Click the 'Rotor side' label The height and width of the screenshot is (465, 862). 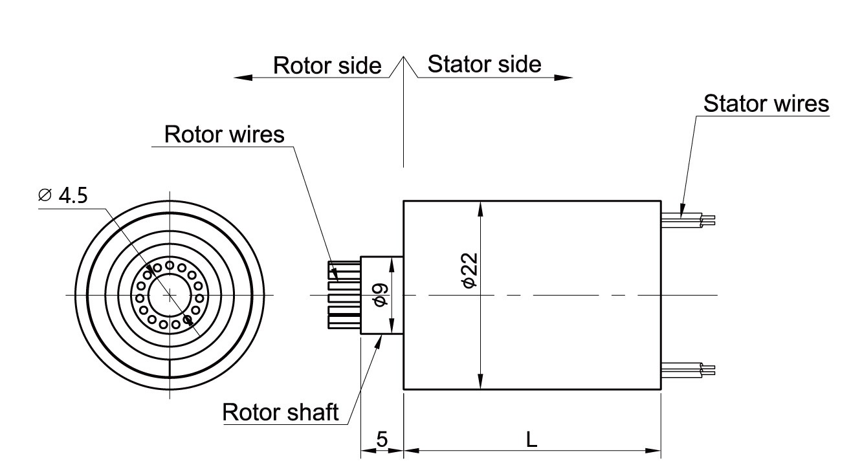point(327,65)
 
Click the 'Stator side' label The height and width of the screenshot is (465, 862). point(484,64)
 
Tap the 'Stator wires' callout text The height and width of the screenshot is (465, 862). point(766,103)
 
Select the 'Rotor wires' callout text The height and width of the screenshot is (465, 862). point(225,135)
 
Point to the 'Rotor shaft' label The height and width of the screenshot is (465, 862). point(280,412)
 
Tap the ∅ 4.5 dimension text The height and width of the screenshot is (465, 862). point(63,195)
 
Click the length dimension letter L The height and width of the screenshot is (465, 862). point(531,440)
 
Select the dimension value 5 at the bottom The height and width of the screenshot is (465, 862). point(382,440)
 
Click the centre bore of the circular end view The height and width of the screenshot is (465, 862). point(169,296)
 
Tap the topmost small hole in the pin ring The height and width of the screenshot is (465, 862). point(170,265)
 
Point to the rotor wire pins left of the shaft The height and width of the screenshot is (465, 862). point(344,296)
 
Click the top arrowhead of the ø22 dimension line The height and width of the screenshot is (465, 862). point(480,207)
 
